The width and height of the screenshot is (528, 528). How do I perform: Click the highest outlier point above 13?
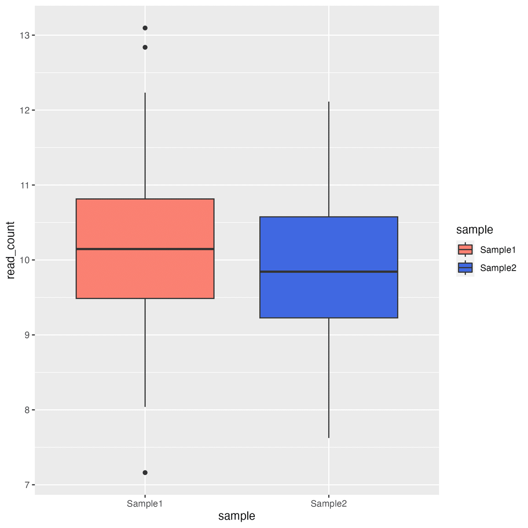(145, 28)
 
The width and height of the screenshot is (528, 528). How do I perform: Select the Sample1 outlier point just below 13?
(145, 48)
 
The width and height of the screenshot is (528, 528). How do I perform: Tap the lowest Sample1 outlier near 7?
(145, 473)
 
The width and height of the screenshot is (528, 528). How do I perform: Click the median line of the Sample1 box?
(145, 249)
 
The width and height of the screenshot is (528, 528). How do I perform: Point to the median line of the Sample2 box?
(329, 272)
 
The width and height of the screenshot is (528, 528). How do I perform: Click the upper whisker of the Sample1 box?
(145, 145)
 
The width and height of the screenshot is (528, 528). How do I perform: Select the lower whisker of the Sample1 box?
(145, 352)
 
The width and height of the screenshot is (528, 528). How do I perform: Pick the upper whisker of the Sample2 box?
(329, 158)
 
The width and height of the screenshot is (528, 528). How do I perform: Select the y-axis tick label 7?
(27, 485)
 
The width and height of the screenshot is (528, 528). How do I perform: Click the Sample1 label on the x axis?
(145, 504)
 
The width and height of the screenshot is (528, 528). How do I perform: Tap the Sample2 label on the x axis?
(329, 504)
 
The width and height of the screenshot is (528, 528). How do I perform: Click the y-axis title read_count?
(11, 250)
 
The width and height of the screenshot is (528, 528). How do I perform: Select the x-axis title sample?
(237, 516)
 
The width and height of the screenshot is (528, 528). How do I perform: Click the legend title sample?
(474, 230)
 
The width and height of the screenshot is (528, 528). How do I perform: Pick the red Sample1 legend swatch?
(465, 249)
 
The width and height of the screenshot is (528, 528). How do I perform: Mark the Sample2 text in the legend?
(498, 268)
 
